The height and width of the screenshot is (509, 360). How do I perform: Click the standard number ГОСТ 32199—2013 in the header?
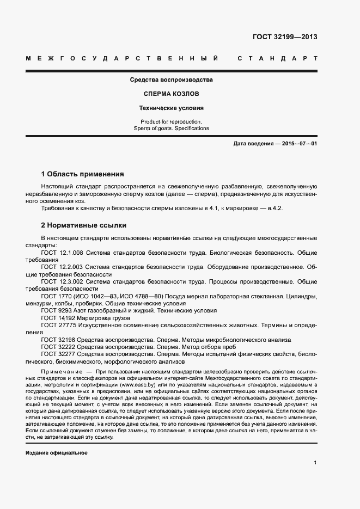coord(285,38)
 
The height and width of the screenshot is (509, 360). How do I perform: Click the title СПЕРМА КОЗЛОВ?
coord(171,94)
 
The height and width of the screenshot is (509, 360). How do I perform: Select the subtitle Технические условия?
coord(171,108)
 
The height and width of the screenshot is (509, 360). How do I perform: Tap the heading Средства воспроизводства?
coord(171,79)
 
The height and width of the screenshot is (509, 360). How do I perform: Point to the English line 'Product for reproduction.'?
coord(171,121)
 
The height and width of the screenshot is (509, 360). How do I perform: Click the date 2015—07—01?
coord(297,143)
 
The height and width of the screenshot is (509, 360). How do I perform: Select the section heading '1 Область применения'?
coord(82,174)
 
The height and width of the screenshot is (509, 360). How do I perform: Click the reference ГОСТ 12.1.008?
coord(62,253)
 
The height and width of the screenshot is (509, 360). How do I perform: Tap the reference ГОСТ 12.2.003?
coord(62,267)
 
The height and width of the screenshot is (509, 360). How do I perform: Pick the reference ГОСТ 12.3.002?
coord(62,281)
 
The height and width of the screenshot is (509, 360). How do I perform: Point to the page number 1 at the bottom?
coord(315,463)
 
